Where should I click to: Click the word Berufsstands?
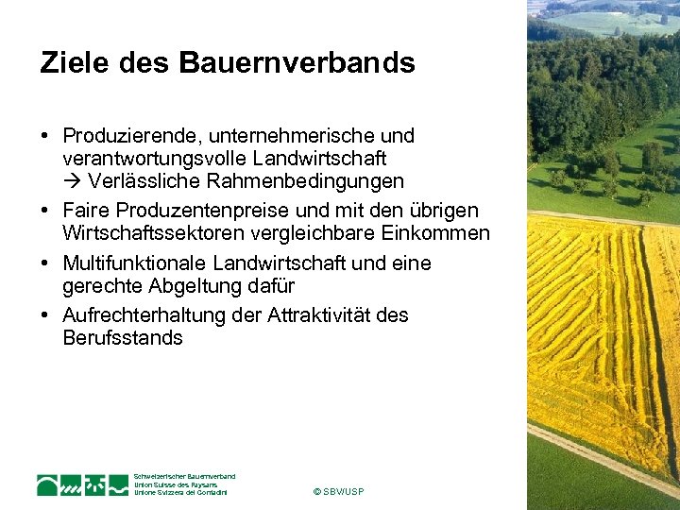123,338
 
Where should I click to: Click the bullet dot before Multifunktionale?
45,263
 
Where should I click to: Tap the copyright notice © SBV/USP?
337,492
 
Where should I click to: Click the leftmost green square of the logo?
48,484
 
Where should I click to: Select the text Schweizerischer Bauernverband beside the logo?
184,476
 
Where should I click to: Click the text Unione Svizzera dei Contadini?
180,492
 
